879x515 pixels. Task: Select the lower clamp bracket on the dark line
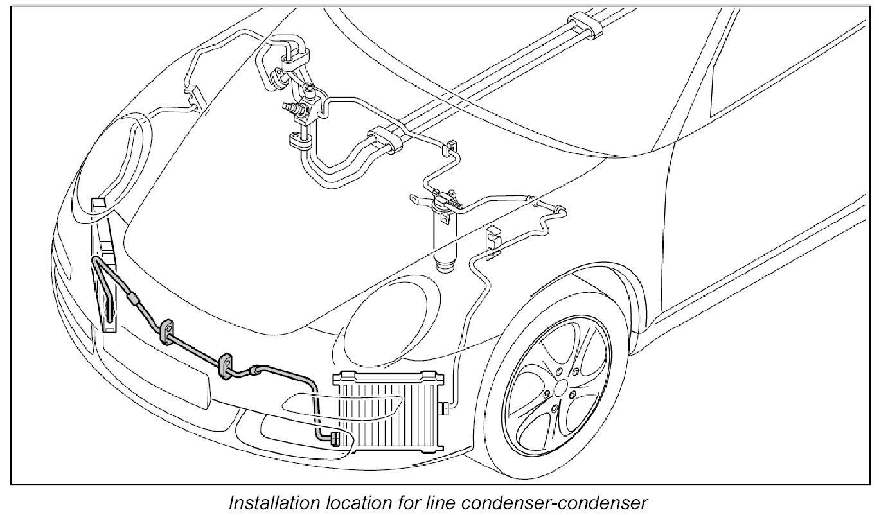pos(226,365)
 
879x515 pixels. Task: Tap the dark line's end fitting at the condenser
pos(334,439)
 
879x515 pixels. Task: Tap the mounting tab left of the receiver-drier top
pos(417,200)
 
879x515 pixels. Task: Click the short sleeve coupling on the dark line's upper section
pos(133,298)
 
